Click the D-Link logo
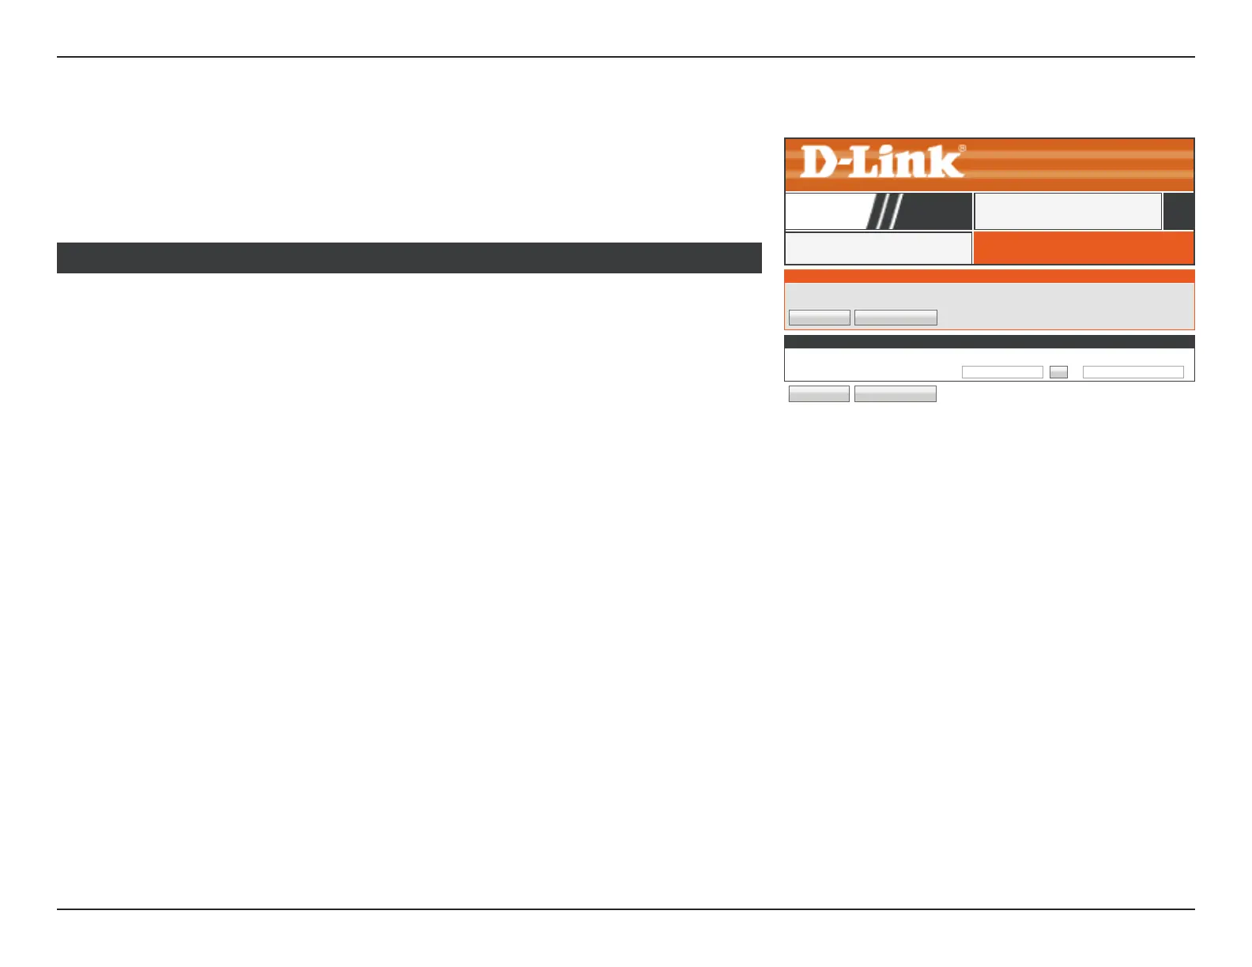click(x=882, y=162)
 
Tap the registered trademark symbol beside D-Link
click(x=962, y=148)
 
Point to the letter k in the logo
click(x=946, y=162)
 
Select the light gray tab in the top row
click(x=1067, y=211)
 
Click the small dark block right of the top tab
click(x=1178, y=211)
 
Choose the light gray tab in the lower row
click(x=877, y=248)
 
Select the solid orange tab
click(x=1083, y=248)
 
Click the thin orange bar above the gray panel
click(x=989, y=277)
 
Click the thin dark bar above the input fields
click(x=989, y=342)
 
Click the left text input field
click(x=1002, y=372)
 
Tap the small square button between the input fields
click(x=1058, y=372)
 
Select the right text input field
click(x=1133, y=372)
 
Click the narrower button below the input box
click(x=819, y=394)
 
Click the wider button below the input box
click(x=896, y=394)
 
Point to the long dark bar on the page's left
click(x=409, y=258)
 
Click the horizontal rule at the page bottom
click(x=626, y=909)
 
